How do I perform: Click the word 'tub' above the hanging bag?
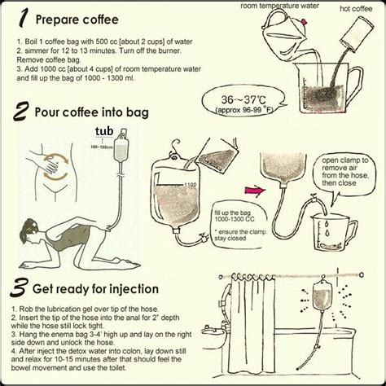103,131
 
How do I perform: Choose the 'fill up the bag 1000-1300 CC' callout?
233,214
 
